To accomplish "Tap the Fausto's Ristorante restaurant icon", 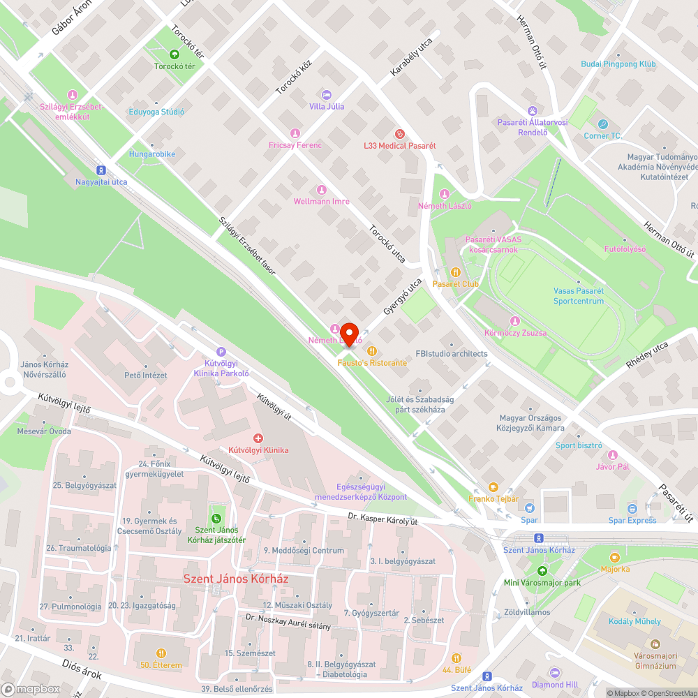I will (x=372, y=351).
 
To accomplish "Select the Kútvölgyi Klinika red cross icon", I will (x=258, y=438).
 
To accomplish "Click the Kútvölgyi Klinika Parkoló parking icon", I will (x=221, y=352).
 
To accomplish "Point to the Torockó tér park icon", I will (x=174, y=54).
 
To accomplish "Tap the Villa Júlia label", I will (x=327, y=107).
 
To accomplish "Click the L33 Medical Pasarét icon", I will (x=399, y=133).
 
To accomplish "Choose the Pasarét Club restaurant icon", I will (x=455, y=272).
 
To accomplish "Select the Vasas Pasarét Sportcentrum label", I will (x=579, y=296).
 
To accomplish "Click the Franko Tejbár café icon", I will (x=493, y=487).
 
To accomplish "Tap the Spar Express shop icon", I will (x=632, y=509).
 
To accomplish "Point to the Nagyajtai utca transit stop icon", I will (x=101, y=170).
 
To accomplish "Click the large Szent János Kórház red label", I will (x=236, y=579).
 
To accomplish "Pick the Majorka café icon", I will (x=614, y=557).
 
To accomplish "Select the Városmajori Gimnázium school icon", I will (x=655, y=643).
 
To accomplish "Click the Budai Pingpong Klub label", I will (x=618, y=64).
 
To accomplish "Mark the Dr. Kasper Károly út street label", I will (x=383, y=519).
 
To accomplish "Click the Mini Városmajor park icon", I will (x=533, y=570).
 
